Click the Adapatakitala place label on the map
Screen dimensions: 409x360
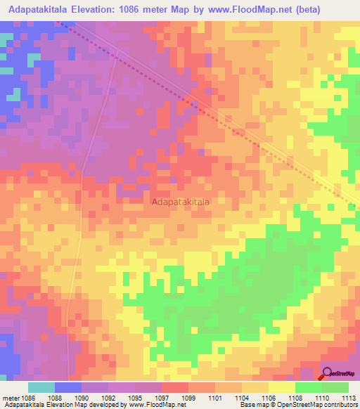tap(180, 202)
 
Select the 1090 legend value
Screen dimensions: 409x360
tap(82, 397)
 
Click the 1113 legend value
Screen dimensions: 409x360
tap(348, 397)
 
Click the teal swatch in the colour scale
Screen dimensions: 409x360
tap(41, 387)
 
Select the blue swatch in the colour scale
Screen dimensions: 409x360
tap(68, 387)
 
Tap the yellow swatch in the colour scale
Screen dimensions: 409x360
tap(281, 387)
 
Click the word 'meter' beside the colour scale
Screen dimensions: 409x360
tap(9, 397)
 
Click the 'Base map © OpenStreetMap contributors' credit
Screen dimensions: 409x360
tap(297, 405)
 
